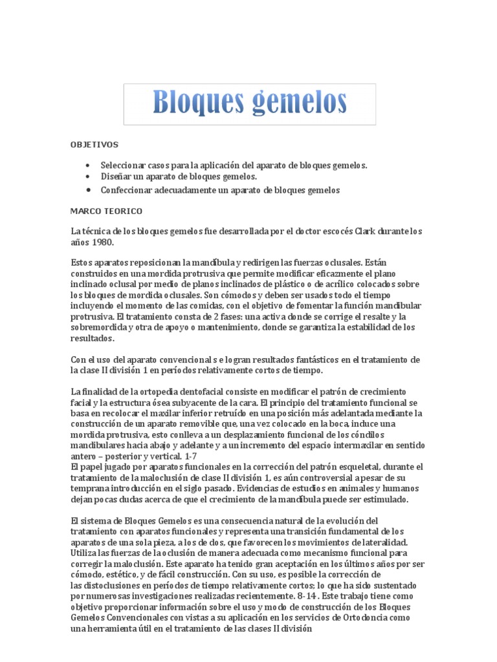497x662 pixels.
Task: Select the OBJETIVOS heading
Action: click(94, 145)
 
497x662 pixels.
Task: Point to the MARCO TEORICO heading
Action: click(106, 211)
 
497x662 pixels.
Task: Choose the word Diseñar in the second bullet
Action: click(116, 176)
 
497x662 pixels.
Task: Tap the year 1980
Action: click(102, 242)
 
